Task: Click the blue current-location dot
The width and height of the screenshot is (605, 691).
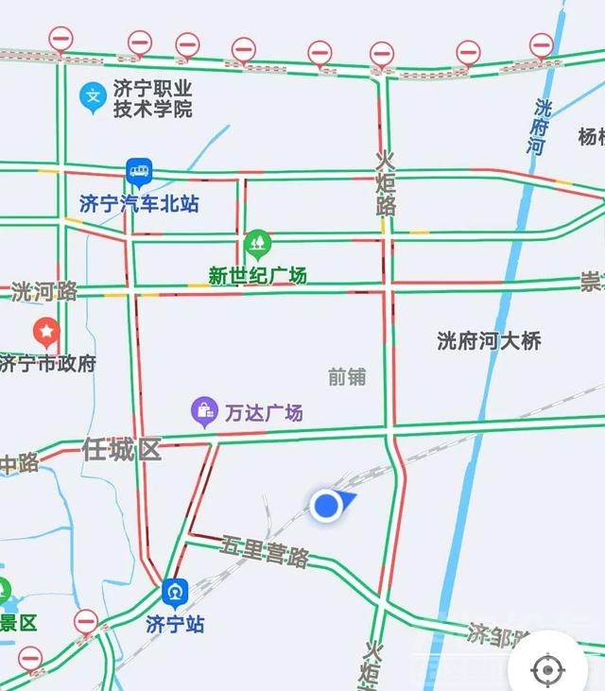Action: [326, 505]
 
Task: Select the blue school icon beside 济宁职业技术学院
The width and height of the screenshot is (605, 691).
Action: [93, 95]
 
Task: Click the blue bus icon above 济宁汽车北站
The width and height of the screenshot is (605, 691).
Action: [139, 172]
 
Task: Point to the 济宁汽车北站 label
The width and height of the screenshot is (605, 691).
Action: [139, 203]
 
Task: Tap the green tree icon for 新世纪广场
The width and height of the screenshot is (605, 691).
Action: [257, 245]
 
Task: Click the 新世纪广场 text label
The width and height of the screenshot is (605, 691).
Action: [257, 276]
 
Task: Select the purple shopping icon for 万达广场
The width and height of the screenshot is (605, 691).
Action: [204, 410]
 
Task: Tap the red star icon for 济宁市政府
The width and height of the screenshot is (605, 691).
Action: [45, 332]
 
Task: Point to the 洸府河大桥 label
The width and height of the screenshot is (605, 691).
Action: [489, 340]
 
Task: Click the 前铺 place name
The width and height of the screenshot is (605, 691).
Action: [347, 376]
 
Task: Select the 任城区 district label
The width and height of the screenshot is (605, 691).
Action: [122, 449]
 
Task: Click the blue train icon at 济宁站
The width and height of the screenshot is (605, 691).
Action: [175, 593]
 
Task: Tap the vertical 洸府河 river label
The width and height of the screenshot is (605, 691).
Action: [539, 127]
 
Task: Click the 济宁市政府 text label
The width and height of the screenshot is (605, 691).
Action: [47, 363]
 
